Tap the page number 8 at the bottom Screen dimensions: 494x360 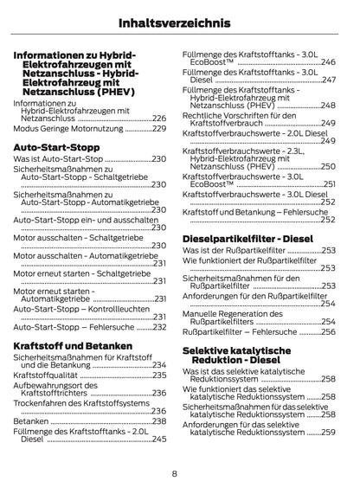click(174, 473)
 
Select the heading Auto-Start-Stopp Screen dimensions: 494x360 click(53, 147)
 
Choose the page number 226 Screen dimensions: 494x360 click(158, 118)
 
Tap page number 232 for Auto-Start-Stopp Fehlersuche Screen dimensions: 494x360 click(158, 326)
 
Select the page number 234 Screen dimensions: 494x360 click(158, 365)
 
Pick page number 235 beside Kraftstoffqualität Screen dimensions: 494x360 click(158, 375)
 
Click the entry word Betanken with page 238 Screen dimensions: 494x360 click(31, 420)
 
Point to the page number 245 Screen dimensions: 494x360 click(158, 439)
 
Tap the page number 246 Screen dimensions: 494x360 click(328, 62)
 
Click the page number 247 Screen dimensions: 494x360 click(328, 80)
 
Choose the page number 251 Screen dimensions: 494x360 click(328, 184)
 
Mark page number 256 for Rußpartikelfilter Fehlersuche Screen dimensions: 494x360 click(328, 331)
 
